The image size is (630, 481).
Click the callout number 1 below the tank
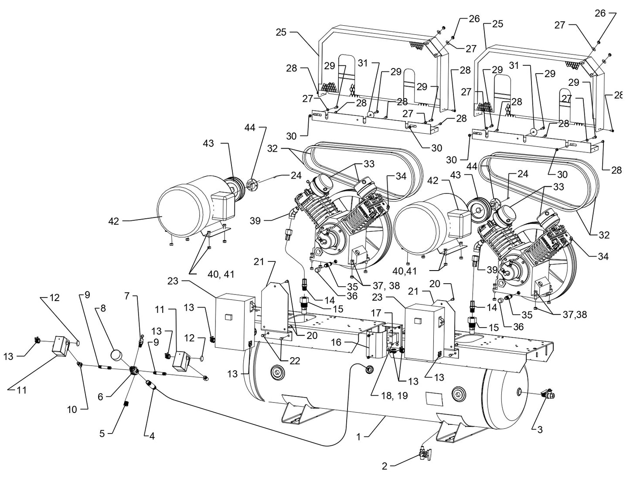click(x=359, y=436)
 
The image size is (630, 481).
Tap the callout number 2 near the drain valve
click(x=384, y=466)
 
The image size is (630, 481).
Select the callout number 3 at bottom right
click(x=540, y=430)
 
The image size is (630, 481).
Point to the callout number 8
click(x=103, y=308)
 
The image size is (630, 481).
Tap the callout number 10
click(x=72, y=409)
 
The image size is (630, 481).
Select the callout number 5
click(x=102, y=434)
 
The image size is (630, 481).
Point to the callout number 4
click(x=152, y=435)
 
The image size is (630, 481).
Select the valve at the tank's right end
click(x=547, y=395)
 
